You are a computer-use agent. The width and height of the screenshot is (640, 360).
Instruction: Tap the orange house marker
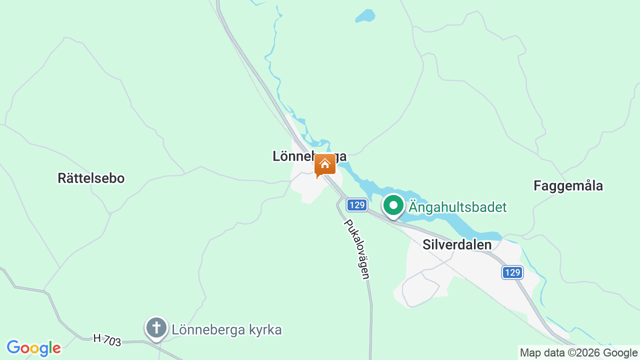(x=325, y=165)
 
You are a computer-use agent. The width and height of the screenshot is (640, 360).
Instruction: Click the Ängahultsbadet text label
(x=457, y=207)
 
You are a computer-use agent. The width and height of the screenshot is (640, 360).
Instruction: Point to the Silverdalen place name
(x=457, y=245)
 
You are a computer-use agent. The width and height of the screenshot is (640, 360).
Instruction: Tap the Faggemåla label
(x=568, y=186)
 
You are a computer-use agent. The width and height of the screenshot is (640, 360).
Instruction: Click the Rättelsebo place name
(x=91, y=178)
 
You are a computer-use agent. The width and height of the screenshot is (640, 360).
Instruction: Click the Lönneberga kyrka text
(x=226, y=330)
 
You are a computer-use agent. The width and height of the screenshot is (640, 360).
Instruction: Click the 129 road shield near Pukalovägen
(x=357, y=205)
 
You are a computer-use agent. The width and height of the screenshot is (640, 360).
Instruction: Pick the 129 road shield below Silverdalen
(x=512, y=272)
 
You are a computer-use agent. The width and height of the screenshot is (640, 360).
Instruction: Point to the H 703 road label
(x=107, y=340)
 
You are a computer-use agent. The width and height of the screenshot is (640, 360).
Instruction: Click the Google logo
(x=33, y=348)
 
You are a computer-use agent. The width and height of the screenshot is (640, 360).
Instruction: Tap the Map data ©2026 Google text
(x=578, y=352)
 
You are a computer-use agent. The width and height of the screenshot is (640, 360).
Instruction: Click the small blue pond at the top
(x=365, y=16)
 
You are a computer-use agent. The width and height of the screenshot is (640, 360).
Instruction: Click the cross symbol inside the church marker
(x=156, y=327)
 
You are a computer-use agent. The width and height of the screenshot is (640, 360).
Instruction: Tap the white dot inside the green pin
(x=393, y=205)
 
